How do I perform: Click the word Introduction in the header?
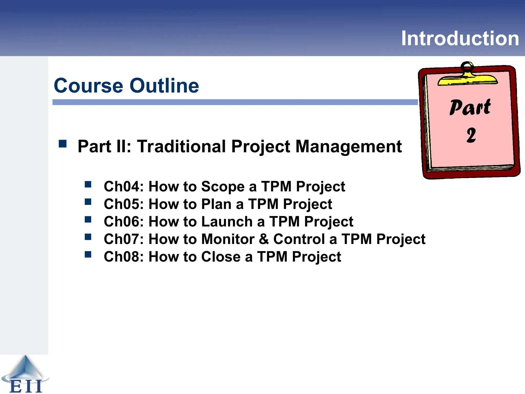[x=460, y=38]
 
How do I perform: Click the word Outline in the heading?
[x=164, y=86]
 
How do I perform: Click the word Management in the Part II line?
[x=348, y=146]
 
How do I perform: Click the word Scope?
[x=223, y=187]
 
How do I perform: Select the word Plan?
[x=216, y=204]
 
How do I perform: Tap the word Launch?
[x=227, y=222]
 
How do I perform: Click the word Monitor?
[x=228, y=239]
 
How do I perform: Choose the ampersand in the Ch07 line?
[x=264, y=239]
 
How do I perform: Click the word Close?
[x=221, y=257]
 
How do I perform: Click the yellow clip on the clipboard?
[x=467, y=79]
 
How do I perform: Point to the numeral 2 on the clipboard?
[x=471, y=135]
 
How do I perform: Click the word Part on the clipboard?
[x=470, y=107]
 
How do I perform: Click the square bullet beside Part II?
[x=63, y=144]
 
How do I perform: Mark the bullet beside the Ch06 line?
[x=88, y=220]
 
